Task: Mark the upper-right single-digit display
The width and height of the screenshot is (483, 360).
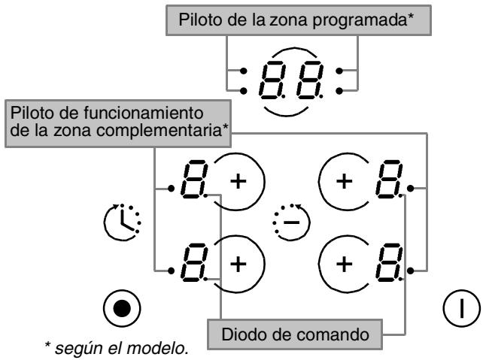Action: (390, 183)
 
